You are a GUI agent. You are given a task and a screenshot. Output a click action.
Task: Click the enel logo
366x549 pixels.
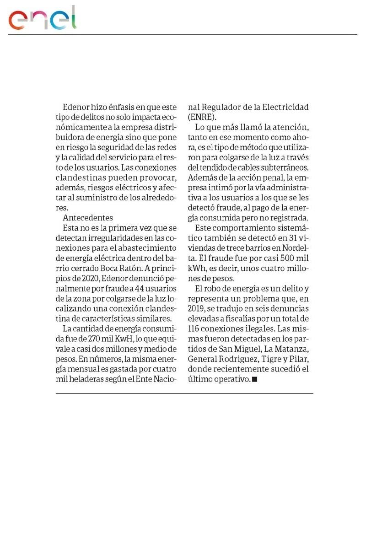click(x=43, y=18)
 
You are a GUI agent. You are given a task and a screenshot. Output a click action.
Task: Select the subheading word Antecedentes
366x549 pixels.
click(x=88, y=217)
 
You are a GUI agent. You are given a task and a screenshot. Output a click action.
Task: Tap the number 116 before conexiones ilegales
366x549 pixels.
click(x=195, y=328)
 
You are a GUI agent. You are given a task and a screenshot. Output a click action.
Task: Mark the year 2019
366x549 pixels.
click(x=196, y=308)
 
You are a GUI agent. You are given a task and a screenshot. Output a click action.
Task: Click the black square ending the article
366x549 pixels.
click(x=255, y=379)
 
